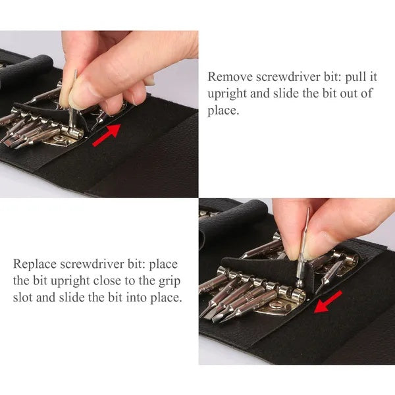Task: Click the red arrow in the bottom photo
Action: (329, 303)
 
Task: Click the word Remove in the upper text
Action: (228, 76)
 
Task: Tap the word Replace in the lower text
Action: (34, 265)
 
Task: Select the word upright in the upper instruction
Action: (228, 93)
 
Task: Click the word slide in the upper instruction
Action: (284, 93)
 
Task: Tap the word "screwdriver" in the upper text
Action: (290, 76)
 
